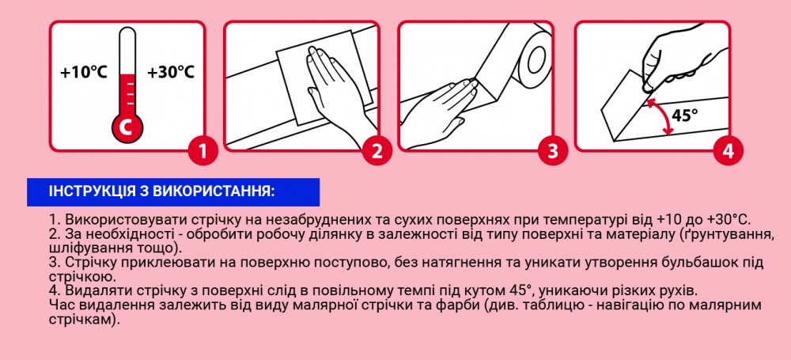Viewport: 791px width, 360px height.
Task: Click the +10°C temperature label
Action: click(x=83, y=72)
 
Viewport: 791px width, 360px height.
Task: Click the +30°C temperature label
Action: click(x=170, y=72)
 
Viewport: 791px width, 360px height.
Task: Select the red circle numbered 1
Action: click(x=203, y=150)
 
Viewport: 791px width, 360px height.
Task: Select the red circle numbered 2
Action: click(x=377, y=150)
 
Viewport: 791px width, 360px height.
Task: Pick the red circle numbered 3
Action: click(x=552, y=150)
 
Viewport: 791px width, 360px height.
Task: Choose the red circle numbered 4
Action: click(x=727, y=150)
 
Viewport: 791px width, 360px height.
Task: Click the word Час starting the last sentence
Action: click(x=62, y=305)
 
